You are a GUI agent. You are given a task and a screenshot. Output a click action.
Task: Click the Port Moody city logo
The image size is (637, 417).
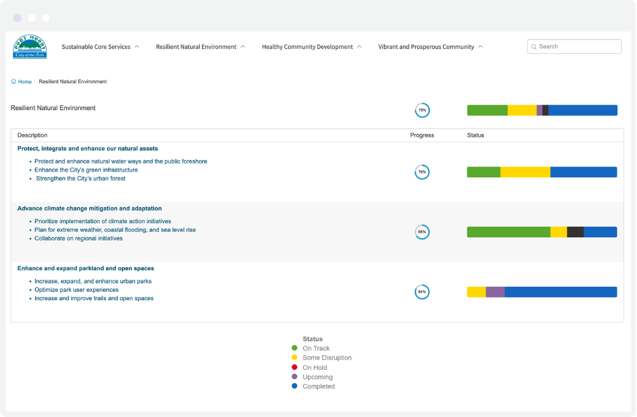[x=30, y=47]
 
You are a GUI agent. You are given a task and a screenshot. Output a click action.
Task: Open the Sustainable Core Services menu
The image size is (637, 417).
[x=96, y=47]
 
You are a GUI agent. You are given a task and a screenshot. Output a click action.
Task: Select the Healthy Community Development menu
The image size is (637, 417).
[x=307, y=47]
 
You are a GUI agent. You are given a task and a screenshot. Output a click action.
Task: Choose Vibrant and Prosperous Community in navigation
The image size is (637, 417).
[x=426, y=47]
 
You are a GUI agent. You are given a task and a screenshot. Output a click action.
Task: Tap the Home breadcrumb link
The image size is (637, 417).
[x=24, y=82]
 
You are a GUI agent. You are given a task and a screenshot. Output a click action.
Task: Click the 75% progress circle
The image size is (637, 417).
[x=422, y=110]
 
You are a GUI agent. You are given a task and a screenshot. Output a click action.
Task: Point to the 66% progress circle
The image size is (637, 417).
[x=422, y=232]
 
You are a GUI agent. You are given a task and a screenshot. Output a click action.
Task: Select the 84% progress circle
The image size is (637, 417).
[x=422, y=292]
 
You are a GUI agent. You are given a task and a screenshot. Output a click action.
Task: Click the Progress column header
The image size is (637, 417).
[x=422, y=135]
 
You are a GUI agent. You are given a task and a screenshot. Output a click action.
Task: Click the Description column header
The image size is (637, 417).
[x=32, y=135]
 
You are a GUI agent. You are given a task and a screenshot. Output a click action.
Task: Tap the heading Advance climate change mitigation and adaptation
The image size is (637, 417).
[x=89, y=208]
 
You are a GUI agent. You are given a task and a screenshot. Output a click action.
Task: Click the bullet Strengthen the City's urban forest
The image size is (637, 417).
[x=81, y=178]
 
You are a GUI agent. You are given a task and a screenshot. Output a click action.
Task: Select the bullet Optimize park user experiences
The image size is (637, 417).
[x=76, y=290]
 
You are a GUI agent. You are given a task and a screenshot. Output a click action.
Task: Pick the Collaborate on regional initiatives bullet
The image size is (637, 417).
[x=79, y=239]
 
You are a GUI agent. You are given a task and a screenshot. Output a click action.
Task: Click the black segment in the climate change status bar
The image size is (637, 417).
[x=575, y=232]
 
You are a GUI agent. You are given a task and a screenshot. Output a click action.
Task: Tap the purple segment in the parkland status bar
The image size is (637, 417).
[x=495, y=292]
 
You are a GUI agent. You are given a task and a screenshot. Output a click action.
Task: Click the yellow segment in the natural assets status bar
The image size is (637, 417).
[x=525, y=172]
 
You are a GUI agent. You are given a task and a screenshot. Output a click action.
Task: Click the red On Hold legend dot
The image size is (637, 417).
[x=294, y=367]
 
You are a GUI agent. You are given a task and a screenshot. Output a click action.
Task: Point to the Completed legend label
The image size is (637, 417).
[x=319, y=386]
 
